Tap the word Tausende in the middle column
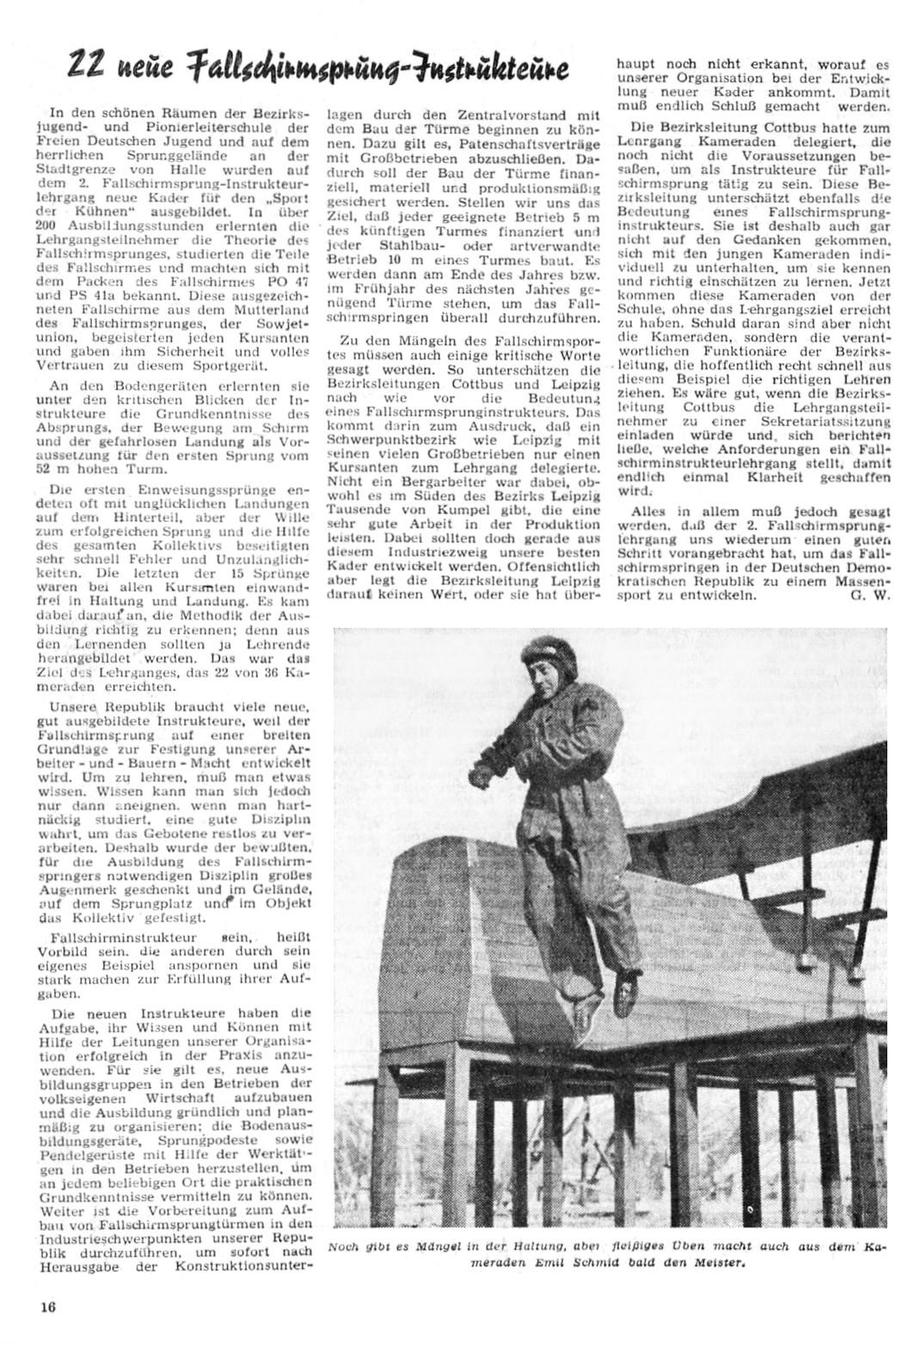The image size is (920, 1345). [x=354, y=509]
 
